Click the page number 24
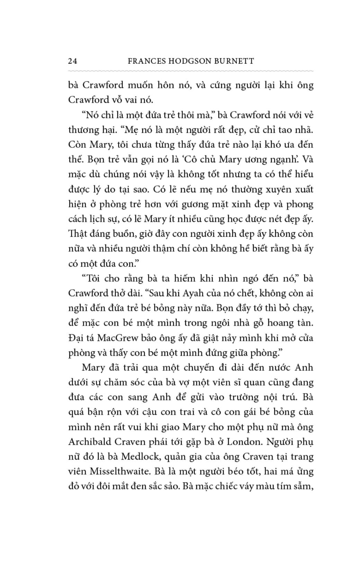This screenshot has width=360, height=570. tap(73, 61)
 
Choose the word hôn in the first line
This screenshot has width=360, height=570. tap(166, 85)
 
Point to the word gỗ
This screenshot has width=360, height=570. tap(245, 323)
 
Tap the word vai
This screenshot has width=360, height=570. tap(128, 100)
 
